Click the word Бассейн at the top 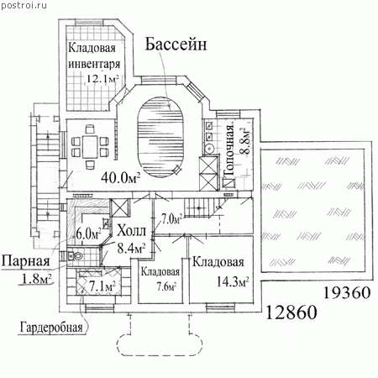coord(176,45)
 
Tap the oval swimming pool coord(160,137)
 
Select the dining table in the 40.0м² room coord(90,146)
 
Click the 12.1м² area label coord(102,78)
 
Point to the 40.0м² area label coord(121,177)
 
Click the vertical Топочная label coord(229,150)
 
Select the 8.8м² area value coord(245,140)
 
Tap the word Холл coord(132,231)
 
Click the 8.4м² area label coord(131,248)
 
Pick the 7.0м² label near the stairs coord(171,218)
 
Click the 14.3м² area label coord(234,281)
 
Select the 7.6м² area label coord(166,286)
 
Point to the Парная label coord(25,261)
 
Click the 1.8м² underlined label coord(37,279)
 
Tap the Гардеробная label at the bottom coord(51,327)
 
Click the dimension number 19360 coord(347,293)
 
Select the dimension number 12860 coord(291,312)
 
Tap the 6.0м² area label coord(88,234)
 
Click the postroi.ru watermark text coord(24,5)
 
